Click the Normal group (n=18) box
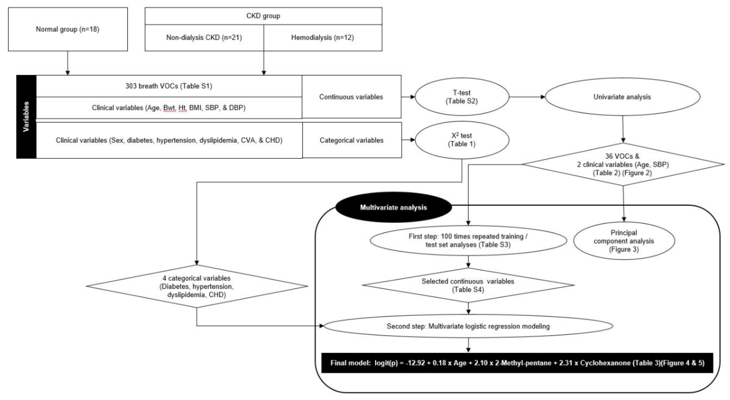point(68,29)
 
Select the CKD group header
point(263,16)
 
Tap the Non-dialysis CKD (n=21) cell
point(204,37)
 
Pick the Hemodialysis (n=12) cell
point(323,37)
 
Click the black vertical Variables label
point(26,116)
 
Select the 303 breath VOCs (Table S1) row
point(169,86)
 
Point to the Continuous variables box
point(351,97)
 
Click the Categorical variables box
point(352,140)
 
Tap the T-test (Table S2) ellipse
point(462,97)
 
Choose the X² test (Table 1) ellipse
point(462,140)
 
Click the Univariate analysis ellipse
point(622,97)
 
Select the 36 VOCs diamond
point(623,164)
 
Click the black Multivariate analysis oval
point(393,207)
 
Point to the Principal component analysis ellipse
point(624,241)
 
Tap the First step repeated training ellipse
point(468,241)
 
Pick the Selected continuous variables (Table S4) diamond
point(468,285)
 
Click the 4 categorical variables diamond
point(197,286)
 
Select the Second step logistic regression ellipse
point(468,326)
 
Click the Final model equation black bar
point(517,363)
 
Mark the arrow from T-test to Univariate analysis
point(527,97)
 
